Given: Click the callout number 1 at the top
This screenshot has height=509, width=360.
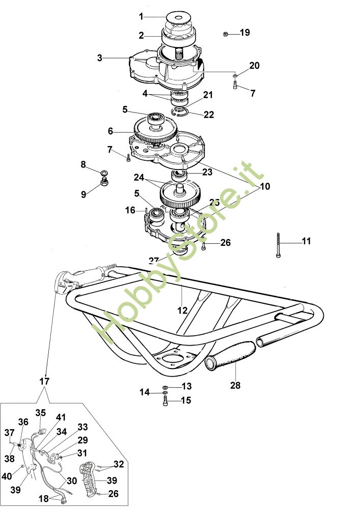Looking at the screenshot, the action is tap(141, 16).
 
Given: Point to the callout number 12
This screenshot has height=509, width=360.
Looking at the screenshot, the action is tap(182, 310).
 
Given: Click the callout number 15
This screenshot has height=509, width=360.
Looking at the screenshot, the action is tap(186, 401).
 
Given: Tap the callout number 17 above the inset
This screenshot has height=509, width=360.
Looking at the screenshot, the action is tap(44, 381).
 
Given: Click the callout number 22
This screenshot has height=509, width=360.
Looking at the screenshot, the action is tap(209, 115).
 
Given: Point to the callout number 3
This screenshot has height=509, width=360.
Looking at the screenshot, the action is tap(100, 58).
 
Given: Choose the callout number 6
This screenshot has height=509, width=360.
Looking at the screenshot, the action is tap(110, 131).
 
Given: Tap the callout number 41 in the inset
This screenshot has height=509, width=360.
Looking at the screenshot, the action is tap(61, 417).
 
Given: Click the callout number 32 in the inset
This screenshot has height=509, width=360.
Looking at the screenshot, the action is tap(118, 464).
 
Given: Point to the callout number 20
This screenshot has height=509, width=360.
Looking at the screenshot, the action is tap(254, 66).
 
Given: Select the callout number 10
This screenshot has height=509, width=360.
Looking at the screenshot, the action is tap(265, 186).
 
